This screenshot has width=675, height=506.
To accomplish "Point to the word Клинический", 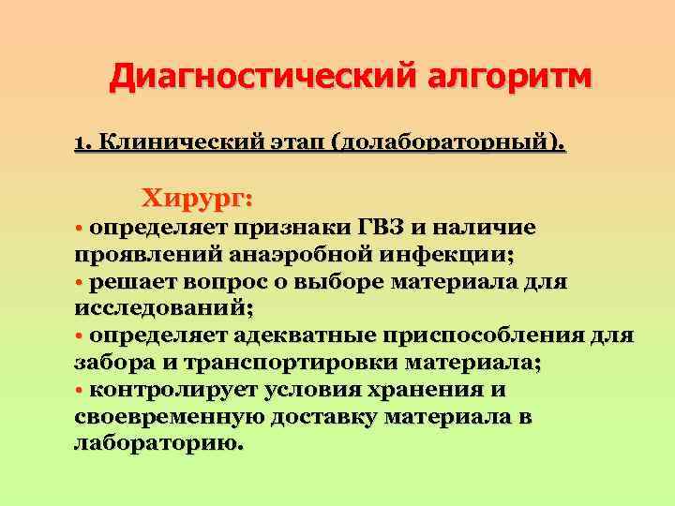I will click(174, 143).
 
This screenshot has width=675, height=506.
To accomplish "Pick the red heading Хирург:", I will click(196, 199).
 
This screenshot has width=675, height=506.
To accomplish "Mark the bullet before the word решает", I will click(79, 281).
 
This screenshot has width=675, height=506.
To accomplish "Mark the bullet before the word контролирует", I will click(79, 389).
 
